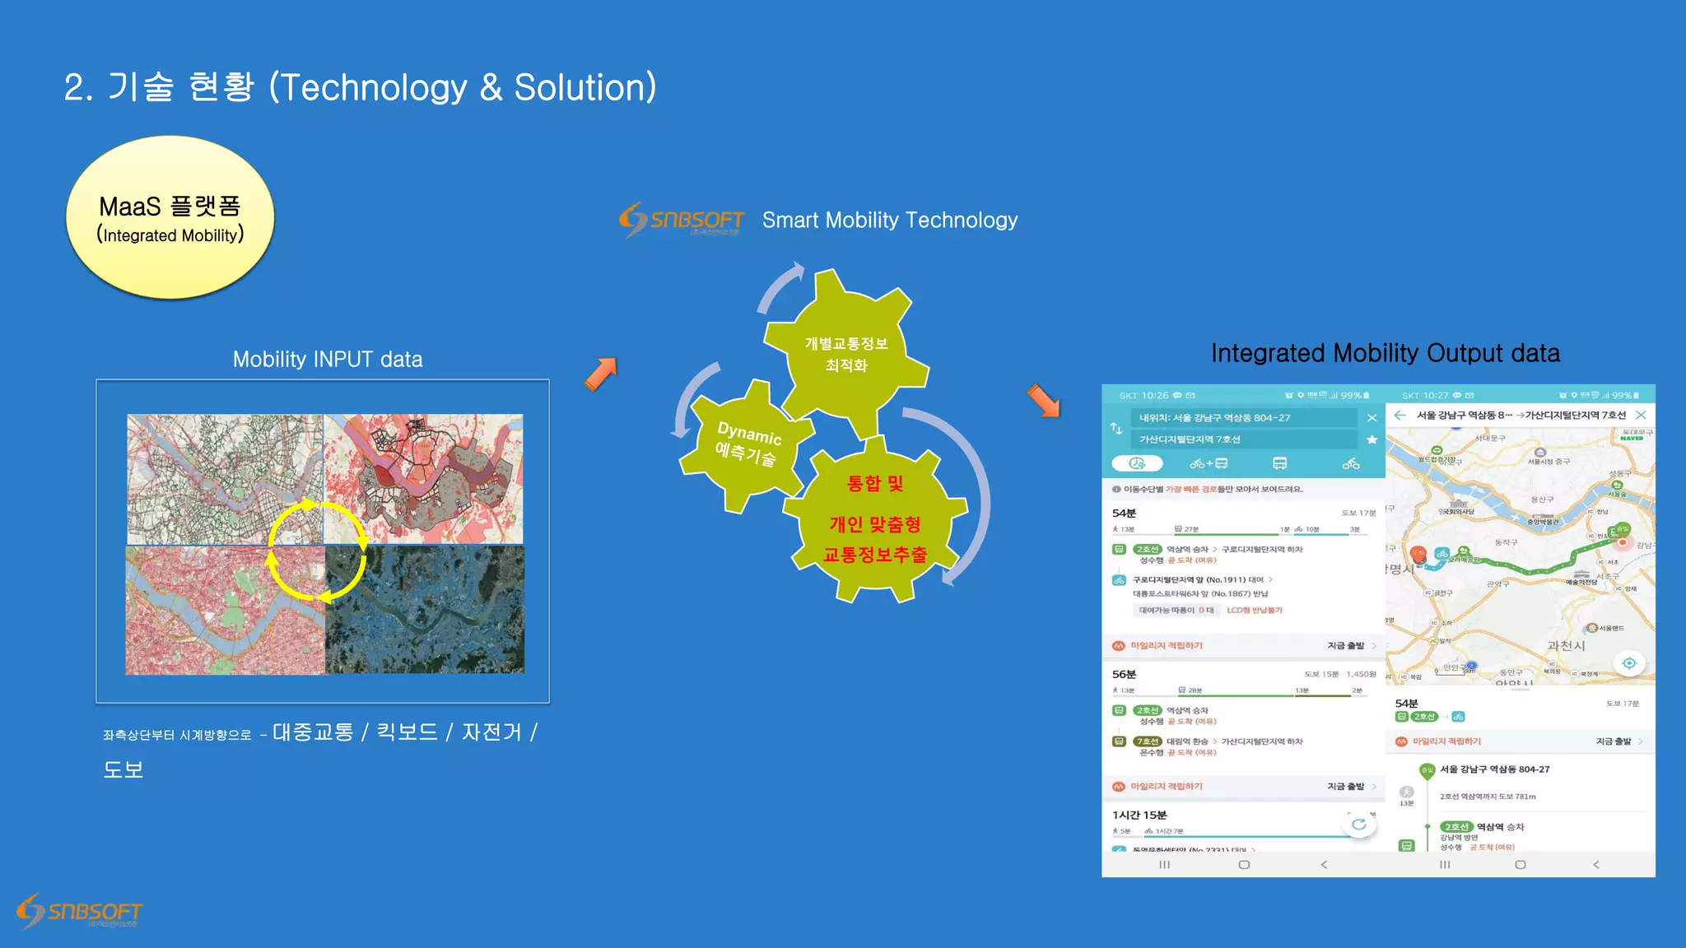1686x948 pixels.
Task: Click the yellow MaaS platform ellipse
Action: (x=170, y=217)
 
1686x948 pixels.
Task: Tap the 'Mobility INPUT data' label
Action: (x=328, y=360)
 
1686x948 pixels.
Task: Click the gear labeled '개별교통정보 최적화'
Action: (x=845, y=354)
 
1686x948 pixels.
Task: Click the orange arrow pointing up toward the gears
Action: (x=601, y=374)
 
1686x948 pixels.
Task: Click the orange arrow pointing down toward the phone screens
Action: (x=1044, y=402)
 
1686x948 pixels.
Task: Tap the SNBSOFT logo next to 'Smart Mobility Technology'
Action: (x=682, y=220)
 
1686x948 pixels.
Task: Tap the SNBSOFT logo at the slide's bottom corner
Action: (x=79, y=911)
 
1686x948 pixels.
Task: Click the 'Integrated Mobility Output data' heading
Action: (x=1385, y=353)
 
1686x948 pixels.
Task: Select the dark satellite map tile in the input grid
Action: (x=425, y=610)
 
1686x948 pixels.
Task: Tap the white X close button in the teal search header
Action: (x=1372, y=418)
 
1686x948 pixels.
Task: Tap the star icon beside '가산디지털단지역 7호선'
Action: (x=1372, y=439)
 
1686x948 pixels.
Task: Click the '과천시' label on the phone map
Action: (x=1566, y=646)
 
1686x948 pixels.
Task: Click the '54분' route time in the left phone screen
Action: (x=1124, y=513)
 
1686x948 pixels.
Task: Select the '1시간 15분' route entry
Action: (x=1139, y=815)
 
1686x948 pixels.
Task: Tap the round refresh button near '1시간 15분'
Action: (x=1358, y=824)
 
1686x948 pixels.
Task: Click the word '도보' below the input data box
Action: (x=123, y=769)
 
